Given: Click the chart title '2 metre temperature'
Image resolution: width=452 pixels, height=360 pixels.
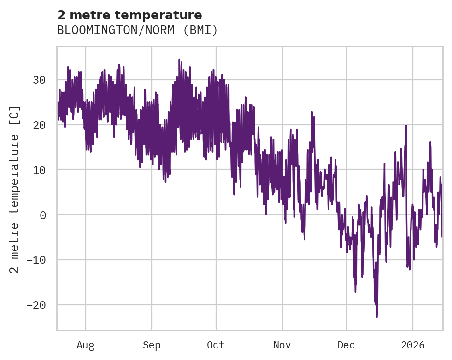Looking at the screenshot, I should pyautogui.click(x=129, y=15).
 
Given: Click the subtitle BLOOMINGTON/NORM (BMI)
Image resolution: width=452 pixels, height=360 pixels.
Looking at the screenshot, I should pyautogui.click(x=137, y=30).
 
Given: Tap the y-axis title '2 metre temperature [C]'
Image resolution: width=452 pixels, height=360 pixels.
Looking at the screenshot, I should pyautogui.click(x=15, y=189).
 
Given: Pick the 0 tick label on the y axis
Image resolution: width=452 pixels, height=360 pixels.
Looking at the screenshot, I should pyautogui.click(x=43, y=215).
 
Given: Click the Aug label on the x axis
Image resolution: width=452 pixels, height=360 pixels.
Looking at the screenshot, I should pyautogui.click(x=85, y=345).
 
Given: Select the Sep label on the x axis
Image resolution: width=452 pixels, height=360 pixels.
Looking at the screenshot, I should pyautogui.click(x=152, y=345).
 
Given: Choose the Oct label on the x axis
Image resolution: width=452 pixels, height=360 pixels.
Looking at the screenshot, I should pyautogui.click(x=216, y=345).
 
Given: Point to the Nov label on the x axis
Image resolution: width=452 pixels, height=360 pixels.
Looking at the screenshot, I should pyautogui.click(x=282, y=345).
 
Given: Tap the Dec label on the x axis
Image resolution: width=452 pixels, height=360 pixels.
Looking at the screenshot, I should pyautogui.click(x=346, y=345).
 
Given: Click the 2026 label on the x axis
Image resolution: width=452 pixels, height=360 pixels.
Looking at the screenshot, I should pyautogui.click(x=413, y=345).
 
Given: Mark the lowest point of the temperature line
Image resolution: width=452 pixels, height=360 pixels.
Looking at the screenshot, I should pyautogui.click(x=376, y=317).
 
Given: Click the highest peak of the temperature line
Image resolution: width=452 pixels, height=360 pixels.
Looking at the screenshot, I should pyautogui.click(x=179, y=60).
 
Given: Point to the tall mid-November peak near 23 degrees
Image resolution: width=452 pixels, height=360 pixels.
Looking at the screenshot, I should pyautogui.click(x=312, y=112).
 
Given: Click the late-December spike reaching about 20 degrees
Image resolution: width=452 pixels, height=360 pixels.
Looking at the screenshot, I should pyautogui.click(x=406, y=125).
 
